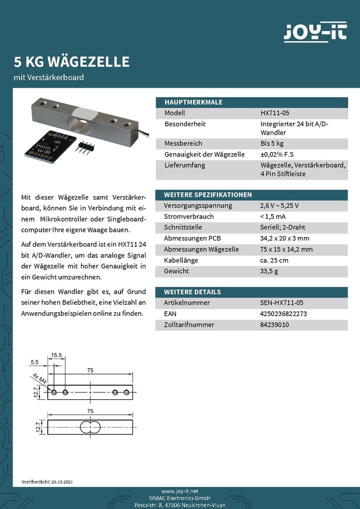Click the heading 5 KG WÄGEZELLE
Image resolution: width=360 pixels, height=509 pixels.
click(71, 61)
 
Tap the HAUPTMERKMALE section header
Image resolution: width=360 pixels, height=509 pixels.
click(193, 102)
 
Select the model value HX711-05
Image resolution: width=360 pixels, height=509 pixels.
click(275, 113)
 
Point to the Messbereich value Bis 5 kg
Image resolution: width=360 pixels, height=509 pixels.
click(272, 144)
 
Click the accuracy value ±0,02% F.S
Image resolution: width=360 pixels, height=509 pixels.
click(277, 154)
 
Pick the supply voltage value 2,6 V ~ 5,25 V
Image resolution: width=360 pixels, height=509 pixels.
click(279, 205)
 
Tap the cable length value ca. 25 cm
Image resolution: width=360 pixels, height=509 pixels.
click(274, 260)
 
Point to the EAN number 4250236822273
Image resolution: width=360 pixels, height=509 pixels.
click(284, 314)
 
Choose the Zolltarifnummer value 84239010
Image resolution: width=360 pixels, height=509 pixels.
click(275, 325)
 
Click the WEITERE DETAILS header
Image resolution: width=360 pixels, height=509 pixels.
click(192, 292)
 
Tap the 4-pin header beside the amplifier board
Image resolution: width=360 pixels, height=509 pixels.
click(83, 149)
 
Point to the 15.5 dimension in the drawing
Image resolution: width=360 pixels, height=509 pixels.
click(56, 355)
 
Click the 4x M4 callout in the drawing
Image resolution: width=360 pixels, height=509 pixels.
click(39, 379)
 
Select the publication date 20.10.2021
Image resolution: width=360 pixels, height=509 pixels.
click(61, 482)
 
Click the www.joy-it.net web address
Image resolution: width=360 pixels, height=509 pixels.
click(180, 491)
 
